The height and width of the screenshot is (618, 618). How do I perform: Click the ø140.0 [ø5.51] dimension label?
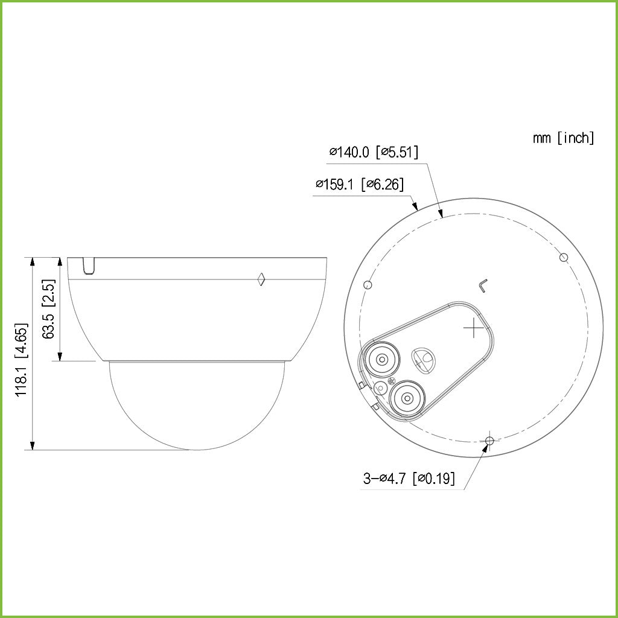[x=374, y=152]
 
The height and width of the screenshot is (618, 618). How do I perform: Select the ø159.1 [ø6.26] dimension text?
[x=359, y=185]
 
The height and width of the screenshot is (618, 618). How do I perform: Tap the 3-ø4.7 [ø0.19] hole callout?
[x=409, y=479]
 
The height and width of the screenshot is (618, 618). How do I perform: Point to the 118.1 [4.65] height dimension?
[x=22, y=360]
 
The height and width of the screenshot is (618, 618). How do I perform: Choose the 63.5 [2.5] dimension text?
[x=50, y=308]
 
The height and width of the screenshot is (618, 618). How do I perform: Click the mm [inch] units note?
[x=562, y=138]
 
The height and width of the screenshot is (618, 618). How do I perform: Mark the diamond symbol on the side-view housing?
[x=261, y=279]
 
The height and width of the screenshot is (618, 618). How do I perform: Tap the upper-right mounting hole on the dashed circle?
[x=563, y=258]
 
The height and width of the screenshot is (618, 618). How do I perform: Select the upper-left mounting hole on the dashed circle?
[x=369, y=284]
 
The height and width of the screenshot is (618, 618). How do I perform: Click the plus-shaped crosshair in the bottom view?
[x=474, y=328]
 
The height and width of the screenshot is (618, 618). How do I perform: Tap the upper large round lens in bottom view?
[x=381, y=360]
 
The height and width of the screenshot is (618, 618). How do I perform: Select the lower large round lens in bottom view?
[x=407, y=398]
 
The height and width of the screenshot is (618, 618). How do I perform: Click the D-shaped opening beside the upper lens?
[x=424, y=358]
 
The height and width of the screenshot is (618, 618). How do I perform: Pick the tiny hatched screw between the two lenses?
[x=390, y=381]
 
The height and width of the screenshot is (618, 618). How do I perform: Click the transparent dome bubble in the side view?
[x=196, y=404]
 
